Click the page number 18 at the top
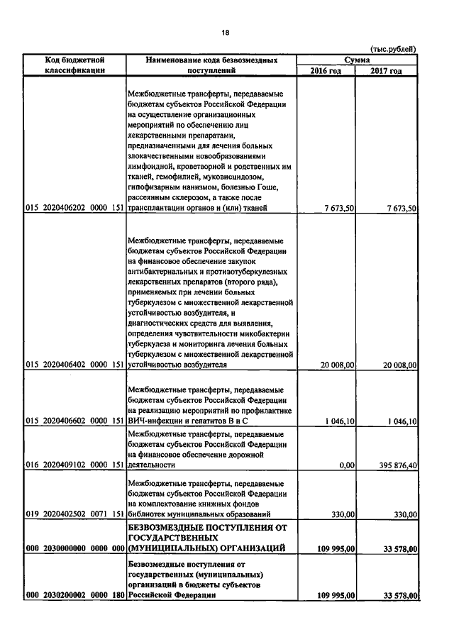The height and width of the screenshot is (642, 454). click(x=226, y=33)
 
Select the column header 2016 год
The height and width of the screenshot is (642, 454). click(x=326, y=71)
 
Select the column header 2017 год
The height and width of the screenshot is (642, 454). click(x=387, y=71)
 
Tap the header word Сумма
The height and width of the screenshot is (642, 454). click(x=357, y=60)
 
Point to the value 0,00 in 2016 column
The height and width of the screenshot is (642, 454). click(x=347, y=465)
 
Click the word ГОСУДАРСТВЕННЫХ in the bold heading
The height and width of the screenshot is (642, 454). click(x=173, y=538)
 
